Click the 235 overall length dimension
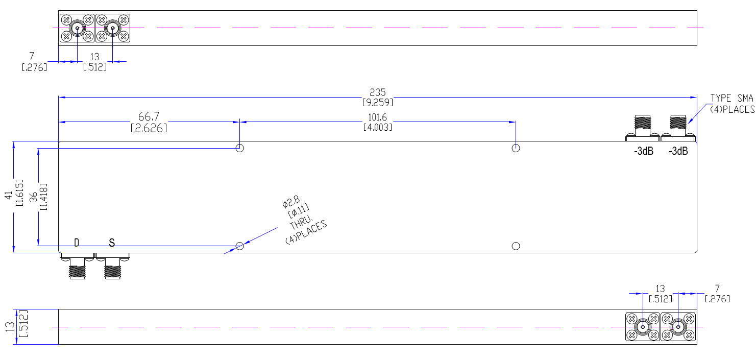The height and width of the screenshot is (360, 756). [377, 92]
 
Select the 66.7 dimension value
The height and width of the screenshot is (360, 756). [149, 116]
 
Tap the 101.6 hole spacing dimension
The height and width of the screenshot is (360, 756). [377, 117]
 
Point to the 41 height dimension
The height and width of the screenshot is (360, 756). [9, 195]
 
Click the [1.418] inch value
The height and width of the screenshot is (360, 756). [43, 197]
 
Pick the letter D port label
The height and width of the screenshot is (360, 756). [77, 243]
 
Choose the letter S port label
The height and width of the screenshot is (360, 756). [112, 243]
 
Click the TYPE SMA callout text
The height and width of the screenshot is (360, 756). [731, 98]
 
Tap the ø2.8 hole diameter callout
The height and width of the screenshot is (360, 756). [290, 202]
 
